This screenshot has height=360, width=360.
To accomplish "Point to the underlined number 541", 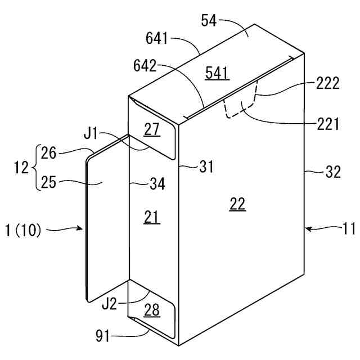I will click(x=217, y=73).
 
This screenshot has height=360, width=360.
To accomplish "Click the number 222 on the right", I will click(x=328, y=83).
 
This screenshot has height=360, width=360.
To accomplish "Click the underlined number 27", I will click(x=152, y=129).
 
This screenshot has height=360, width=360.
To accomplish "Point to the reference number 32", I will click(x=333, y=172).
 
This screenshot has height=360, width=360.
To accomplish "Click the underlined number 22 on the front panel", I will click(x=238, y=205).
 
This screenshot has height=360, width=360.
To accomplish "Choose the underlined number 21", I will click(x=152, y=217).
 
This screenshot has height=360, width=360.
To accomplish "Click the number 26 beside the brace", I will click(x=49, y=152).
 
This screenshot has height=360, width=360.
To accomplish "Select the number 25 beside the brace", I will click(x=49, y=183).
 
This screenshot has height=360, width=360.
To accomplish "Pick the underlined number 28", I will click(x=152, y=309).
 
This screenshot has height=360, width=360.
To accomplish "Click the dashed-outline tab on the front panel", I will click(x=241, y=104).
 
